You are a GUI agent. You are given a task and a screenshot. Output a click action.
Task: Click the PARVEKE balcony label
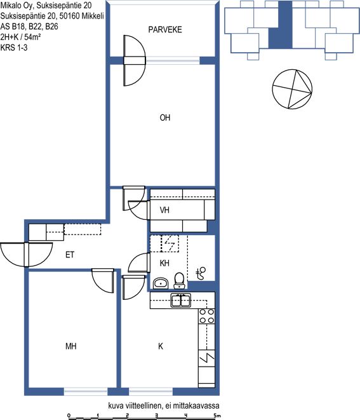point(165,29)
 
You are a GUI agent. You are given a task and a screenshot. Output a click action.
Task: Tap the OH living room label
point(165,118)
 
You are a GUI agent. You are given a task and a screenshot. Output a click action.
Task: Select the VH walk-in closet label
point(164,210)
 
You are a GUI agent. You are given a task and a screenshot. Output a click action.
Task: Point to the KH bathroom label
point(164,263)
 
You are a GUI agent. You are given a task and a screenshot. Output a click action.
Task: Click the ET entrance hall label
point(70,255)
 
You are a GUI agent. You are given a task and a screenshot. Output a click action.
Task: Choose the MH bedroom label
point(71,346)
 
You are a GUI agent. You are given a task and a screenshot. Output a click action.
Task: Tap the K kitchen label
point(161,346)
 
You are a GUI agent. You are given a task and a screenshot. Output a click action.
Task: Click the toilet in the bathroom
point(179,281)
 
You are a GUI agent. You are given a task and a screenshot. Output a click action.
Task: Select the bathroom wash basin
point(161,283)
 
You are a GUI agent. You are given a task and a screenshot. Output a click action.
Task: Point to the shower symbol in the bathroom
point(201,273)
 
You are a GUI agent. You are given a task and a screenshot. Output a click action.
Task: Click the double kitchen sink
point(181,301)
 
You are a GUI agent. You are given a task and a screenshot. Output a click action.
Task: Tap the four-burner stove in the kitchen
point(207,316)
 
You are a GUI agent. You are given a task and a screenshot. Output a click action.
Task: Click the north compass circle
point(292,89)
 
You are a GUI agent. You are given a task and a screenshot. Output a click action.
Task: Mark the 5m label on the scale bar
point(217,416)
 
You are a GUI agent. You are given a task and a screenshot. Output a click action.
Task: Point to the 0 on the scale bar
point(69,416)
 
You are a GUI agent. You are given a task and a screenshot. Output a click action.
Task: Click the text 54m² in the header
point(32,37)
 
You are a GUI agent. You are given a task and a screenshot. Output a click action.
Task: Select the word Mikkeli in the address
point(93,16)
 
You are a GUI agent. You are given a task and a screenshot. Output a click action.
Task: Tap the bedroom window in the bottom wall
point(86,391)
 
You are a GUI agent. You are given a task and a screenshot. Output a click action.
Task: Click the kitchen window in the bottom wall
point(150,391)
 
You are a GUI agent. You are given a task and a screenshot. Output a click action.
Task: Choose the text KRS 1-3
point(14,48)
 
